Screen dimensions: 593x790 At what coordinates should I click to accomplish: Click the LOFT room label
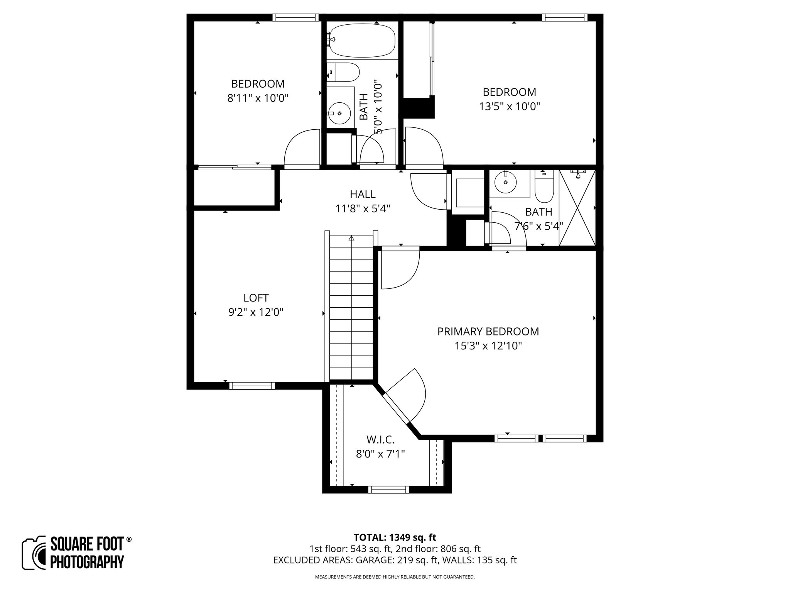256,298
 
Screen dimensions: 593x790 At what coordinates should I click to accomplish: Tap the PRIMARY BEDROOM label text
488,331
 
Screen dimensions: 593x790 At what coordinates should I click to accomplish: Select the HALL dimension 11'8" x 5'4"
363,209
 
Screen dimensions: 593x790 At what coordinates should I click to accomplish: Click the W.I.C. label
380,439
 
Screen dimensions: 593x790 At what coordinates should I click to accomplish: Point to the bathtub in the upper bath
361,41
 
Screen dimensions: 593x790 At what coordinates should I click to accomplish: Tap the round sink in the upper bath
339,114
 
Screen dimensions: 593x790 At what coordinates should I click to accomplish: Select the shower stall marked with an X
577,207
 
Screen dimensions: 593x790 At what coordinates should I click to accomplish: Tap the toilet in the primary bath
544,188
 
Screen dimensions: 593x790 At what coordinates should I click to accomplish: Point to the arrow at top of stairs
351,238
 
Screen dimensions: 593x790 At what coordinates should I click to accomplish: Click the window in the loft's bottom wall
252,385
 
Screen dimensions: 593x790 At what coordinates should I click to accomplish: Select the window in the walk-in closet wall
388,490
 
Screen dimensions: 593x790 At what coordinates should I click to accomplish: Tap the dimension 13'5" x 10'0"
509,106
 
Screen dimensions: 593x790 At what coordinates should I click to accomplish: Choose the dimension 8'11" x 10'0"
258,98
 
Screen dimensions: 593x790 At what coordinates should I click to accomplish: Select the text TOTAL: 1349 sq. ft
395,537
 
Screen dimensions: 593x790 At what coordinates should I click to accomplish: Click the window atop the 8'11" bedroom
295,17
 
